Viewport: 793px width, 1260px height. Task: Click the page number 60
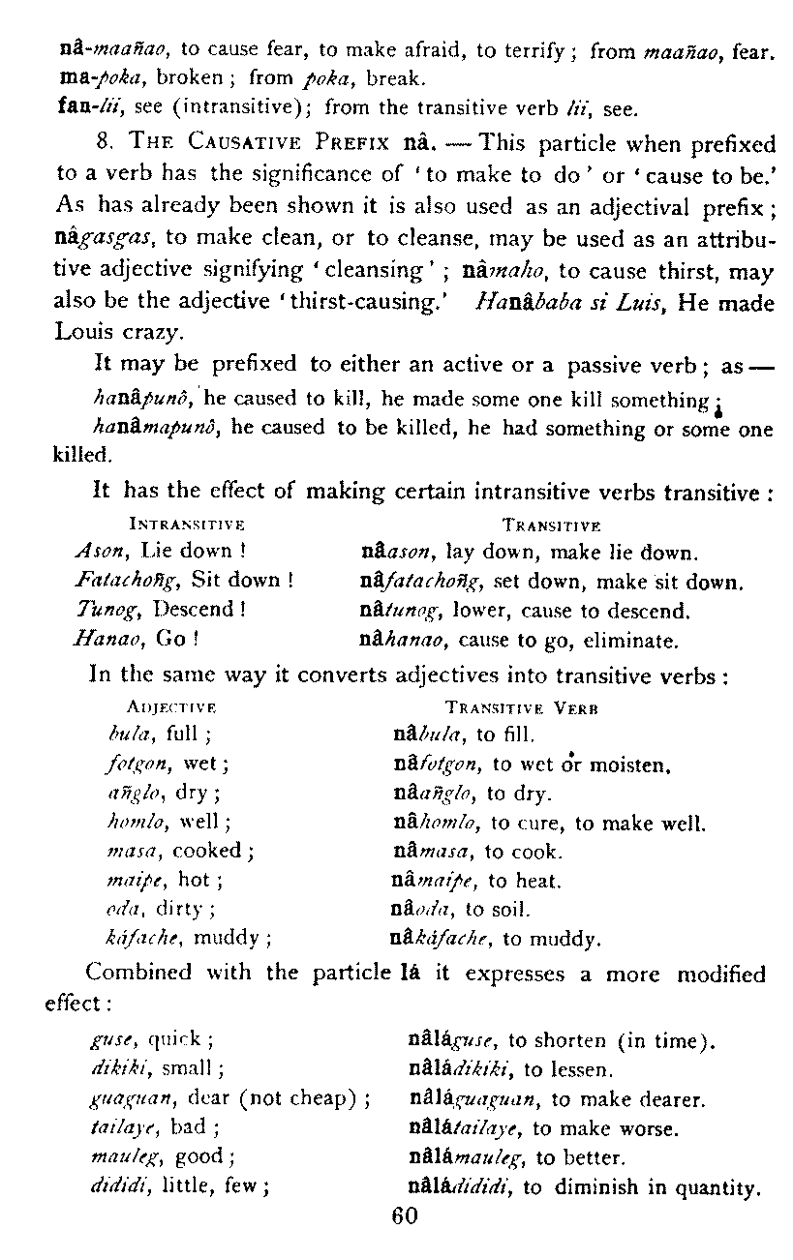click(404, 1216)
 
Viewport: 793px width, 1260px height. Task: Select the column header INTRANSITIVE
click(185, 524)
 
